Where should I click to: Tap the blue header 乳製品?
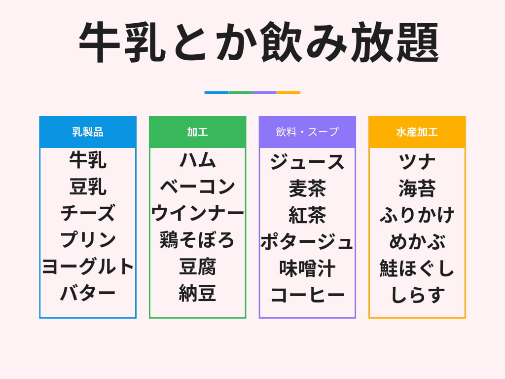point(88,132)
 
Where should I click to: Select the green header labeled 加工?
point(197,132)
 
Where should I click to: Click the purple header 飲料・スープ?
point(307,132)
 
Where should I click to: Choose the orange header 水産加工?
point(417,132)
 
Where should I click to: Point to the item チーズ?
point(88,214)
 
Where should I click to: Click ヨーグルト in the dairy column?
point(88,267)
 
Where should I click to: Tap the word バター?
point(88,294)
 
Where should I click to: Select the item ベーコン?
point(197,187)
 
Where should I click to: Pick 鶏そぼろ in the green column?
point(197,240)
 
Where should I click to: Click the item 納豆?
point(197,294)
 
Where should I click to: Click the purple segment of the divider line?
point(264,92)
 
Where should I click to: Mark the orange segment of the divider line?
point(289,92)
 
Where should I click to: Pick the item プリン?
point(88,240)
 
